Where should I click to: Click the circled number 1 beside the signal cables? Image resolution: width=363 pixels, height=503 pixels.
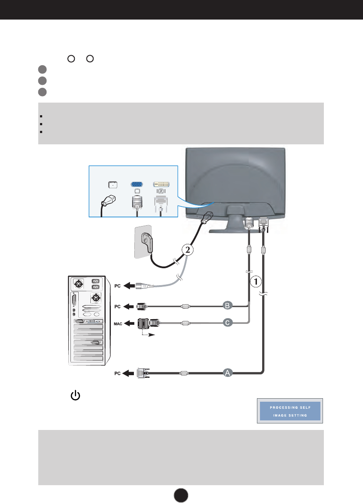256,282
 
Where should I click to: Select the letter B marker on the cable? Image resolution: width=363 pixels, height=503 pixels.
227,306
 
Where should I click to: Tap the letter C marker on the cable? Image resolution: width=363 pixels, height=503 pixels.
227,323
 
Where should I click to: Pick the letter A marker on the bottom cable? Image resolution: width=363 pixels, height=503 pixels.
227,372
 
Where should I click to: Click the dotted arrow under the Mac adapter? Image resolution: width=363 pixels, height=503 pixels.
148,335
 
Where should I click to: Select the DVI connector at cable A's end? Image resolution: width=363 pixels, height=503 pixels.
143,373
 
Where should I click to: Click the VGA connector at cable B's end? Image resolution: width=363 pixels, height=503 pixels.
141,306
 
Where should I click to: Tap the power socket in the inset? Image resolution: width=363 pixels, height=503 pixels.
113,184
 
